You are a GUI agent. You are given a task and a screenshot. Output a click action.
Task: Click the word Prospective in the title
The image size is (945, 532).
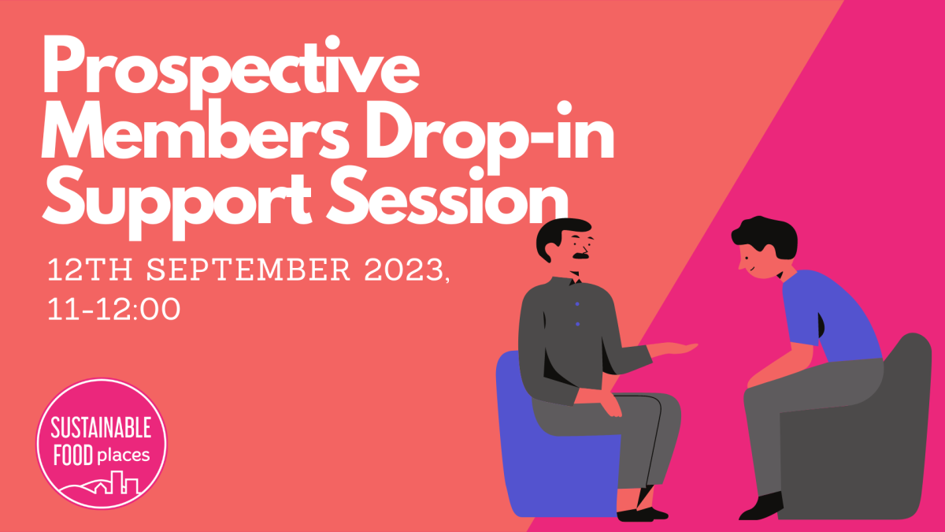(x=231, y=69)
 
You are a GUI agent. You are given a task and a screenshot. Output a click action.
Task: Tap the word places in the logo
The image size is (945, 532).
(x=124, y=455)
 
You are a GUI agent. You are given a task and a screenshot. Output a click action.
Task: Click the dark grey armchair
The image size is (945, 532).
(x=882, y=441)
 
